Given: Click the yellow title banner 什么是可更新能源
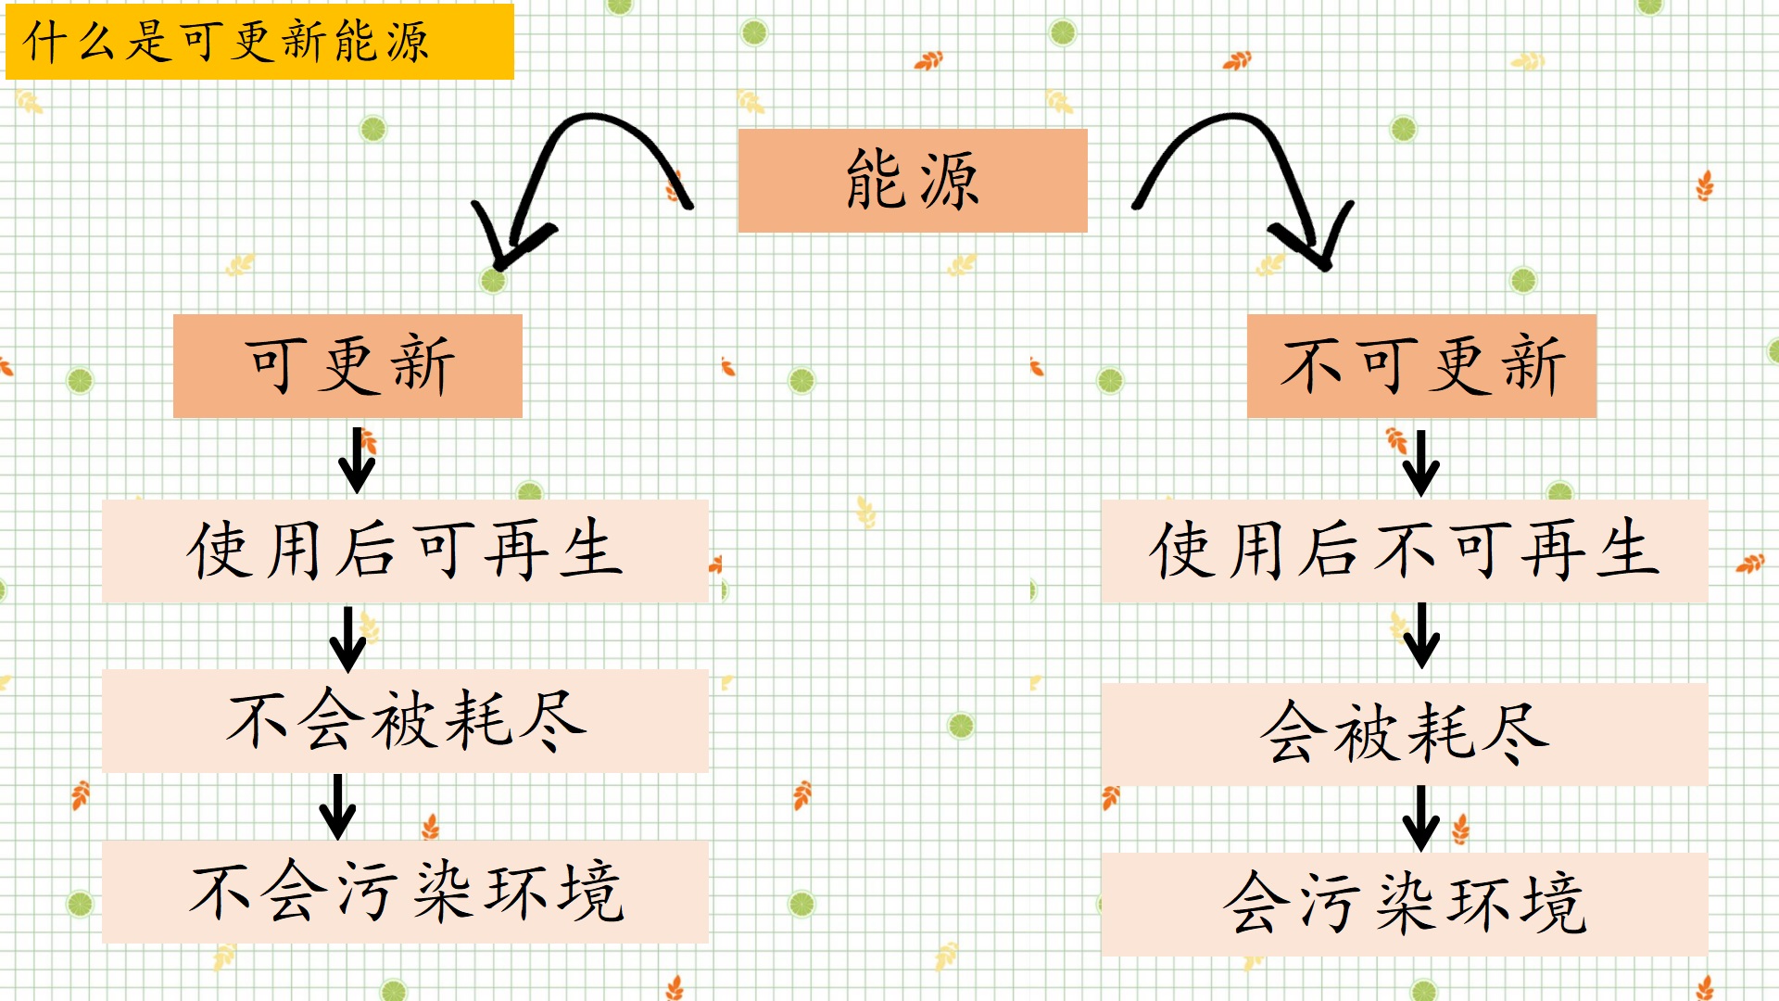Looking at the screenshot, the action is click(259, 42).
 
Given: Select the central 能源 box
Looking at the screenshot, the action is click(913, 180).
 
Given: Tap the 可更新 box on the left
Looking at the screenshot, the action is click(347, 365).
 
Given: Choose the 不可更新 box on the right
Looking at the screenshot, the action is click(1421, 365).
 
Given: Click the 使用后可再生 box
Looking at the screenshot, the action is click(405, 551).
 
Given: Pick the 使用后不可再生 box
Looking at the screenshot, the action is click(1404, 551).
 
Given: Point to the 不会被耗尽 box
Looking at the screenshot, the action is click(405, 721).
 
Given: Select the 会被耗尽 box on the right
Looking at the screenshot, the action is click(1404, 734).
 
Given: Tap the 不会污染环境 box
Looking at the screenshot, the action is click(405, 892).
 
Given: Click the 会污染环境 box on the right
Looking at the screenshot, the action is click(1404, 904).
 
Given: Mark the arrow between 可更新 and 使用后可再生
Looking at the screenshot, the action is click(357, 461).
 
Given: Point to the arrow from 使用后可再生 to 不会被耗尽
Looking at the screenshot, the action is click(348, 640).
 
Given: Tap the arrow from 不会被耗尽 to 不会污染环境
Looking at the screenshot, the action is click(337, 807).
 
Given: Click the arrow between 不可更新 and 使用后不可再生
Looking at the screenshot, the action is click(1420, 462).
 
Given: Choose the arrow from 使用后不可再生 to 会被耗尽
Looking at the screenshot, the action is click(1420, 636).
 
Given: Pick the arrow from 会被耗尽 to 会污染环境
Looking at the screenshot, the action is click(1420, 818).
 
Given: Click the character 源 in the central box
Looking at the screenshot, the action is click(948, 181).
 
